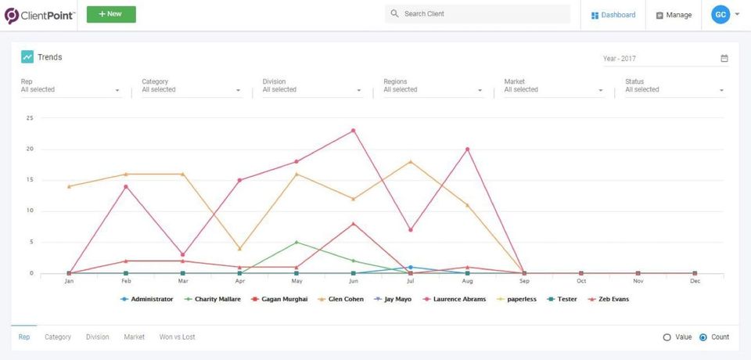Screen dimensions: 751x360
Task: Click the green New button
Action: click(x=111, y=14)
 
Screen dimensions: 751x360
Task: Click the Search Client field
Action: click(x=477, y=14)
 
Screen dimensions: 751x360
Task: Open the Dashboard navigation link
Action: click(x=613, y=15)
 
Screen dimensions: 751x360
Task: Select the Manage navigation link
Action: click(x=674, y=15)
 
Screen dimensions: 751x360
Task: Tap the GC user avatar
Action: click(x=720, y=15)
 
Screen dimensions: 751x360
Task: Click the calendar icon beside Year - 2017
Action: click(x=724, y=59)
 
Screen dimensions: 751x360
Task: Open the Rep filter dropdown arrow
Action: click(x=117, y=91)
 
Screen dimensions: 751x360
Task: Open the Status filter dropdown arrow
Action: click(x=721, y=91)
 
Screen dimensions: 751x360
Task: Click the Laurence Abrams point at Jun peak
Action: click(x=354, y=131)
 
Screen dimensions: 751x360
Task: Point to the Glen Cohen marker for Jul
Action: click(x=411, y=161)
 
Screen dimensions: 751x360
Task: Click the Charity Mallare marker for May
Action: click(x=296, y=242)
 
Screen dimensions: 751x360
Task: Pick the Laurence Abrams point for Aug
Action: click(x=468, y=149)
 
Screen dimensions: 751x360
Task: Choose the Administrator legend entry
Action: click(x=146, y=299)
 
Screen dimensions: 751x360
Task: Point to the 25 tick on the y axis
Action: click(x=30, y=118)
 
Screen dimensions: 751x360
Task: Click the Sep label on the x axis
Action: click(x=524, y=282)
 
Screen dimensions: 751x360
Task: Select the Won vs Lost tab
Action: click(x=178, y=337)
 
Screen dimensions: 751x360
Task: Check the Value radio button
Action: click(x=667, y=337)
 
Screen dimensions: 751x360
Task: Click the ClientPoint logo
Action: click(x=40, y=16)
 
